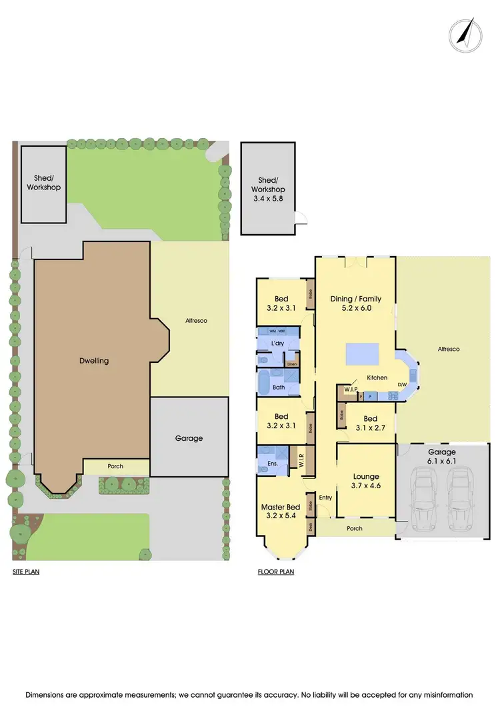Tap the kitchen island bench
362,353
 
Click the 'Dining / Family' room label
355,299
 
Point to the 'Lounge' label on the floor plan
366,476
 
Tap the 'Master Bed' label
280,507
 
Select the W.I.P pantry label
351,388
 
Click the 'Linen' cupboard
291,364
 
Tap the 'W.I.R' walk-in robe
301,460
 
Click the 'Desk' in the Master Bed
310,526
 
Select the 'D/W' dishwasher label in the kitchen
402,385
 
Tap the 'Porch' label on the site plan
115,466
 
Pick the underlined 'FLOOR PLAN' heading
276,572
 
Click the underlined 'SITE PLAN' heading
26,572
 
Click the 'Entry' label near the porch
325,498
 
